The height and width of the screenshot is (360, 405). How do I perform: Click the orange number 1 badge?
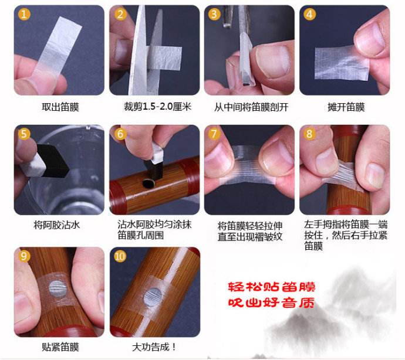[x=23, y=14]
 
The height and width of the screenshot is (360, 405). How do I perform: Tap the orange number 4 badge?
[x=309, y=14]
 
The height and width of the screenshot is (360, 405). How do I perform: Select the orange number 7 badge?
[x=214, y=134]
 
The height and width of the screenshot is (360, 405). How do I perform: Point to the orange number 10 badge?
[x=120, y=256]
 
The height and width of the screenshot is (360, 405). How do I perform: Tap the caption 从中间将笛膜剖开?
[x=251, y=107]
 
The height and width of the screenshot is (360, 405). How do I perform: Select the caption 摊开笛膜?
[x=346, y=107]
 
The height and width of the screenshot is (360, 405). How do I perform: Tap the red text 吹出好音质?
[x=272, y=303]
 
